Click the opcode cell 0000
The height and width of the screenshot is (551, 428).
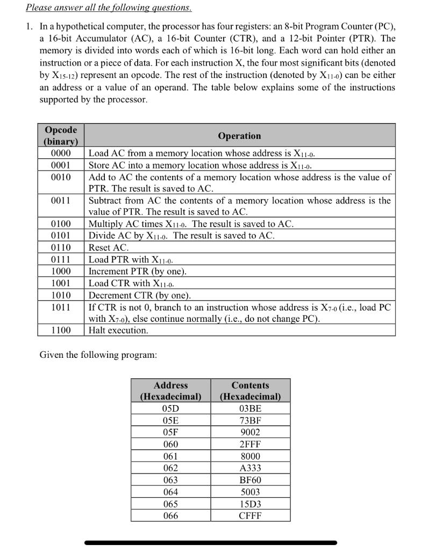pyautogui.click(x=61, y=153)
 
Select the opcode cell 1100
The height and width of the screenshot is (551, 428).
pyautogui.click(x=61, y=330)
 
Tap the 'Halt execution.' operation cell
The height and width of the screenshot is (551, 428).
pyautogui.click(x=118, y=330)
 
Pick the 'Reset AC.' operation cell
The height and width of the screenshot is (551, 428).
pyautogui.click(x=109, y=248)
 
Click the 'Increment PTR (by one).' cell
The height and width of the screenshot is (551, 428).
pyautogui.click(x=138, y=271)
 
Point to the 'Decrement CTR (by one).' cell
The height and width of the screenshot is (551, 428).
pyautogui.click(x=140, y=295)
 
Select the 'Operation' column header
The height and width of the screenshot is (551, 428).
pyautogui.click(x=239, y=136)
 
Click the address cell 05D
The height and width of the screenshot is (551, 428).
pyautogui.click(x=170, y=408)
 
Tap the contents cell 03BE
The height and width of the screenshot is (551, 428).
pyautogui.click(x=250, y=408)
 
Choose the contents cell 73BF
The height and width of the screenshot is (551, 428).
pyautogui.click(x=250, y=420)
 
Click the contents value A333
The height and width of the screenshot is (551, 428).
pyautogui.click(x=250, y=468)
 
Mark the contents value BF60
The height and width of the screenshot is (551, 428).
pyautogui.click(x=250, y=480)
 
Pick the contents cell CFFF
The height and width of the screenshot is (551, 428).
pyautogui.click(x=250, y=515)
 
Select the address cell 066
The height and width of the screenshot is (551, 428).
pyautogui.click(x=170, y=515)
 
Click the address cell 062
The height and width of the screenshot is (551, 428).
pyautogui.click(x=170, y=468)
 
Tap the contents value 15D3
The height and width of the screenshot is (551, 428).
pyautogui.click(x=250, y=504)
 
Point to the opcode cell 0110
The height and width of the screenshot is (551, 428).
pyautogui.click(x=61, y=248)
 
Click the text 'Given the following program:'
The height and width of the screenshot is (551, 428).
pyautogui.click(x=98, y=355)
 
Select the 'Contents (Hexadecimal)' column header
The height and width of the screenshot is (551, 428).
pyautogui.click(x=250, y=391)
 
